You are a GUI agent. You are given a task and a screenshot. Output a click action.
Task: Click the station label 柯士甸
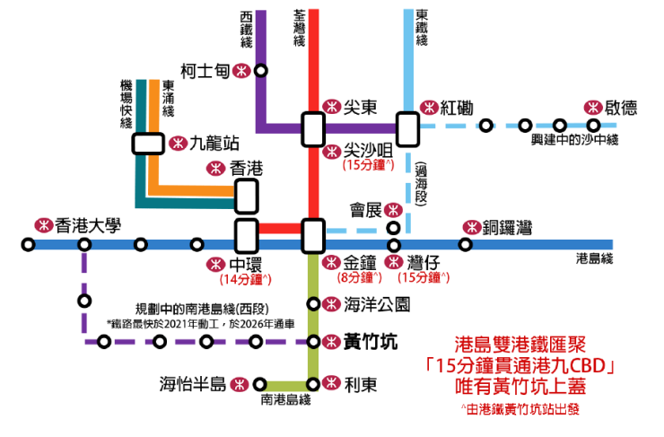(205, 71)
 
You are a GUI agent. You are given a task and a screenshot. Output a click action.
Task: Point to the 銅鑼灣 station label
(507, 227)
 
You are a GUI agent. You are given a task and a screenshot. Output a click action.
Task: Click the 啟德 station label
(621, 107)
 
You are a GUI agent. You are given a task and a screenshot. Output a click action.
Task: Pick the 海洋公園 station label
(376, 303)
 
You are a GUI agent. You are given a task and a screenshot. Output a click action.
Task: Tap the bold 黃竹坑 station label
(369, 341)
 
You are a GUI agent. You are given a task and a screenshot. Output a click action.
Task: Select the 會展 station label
(363, 210)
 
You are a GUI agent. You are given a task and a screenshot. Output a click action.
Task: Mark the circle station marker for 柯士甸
(260, 71)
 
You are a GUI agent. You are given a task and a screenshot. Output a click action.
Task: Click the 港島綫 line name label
(594, 259)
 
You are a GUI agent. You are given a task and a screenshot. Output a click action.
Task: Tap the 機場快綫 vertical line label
(126, 104)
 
